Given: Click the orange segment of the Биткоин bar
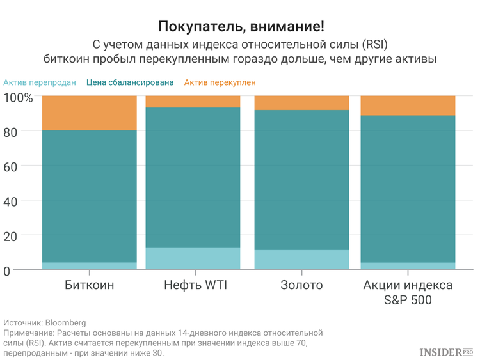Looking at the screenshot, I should click(x=90, y=113).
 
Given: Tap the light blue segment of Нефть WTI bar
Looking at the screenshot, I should click(x=193, y=258).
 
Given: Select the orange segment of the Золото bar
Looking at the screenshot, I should click(x=301, y=102).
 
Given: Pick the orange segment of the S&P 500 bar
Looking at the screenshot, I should click(x=408, y=105).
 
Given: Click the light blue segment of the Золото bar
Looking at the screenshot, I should click(x=301, y=260).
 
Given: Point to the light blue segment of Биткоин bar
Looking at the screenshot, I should click(x=90, y=266).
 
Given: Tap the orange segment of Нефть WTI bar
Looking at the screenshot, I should click(x=193, y=101).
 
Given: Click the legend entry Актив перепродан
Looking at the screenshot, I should click(x=40, y=82).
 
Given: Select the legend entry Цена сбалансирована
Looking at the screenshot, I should click(x=130, y=82).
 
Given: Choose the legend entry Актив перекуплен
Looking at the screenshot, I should click(x=220, y=82).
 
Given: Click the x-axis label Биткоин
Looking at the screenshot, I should click(x=90, y=285).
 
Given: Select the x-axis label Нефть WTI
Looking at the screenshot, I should click(x=193, y=285).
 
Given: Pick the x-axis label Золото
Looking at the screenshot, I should click(x=301, y=285).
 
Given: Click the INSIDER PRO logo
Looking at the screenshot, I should click(x=445, y=352).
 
